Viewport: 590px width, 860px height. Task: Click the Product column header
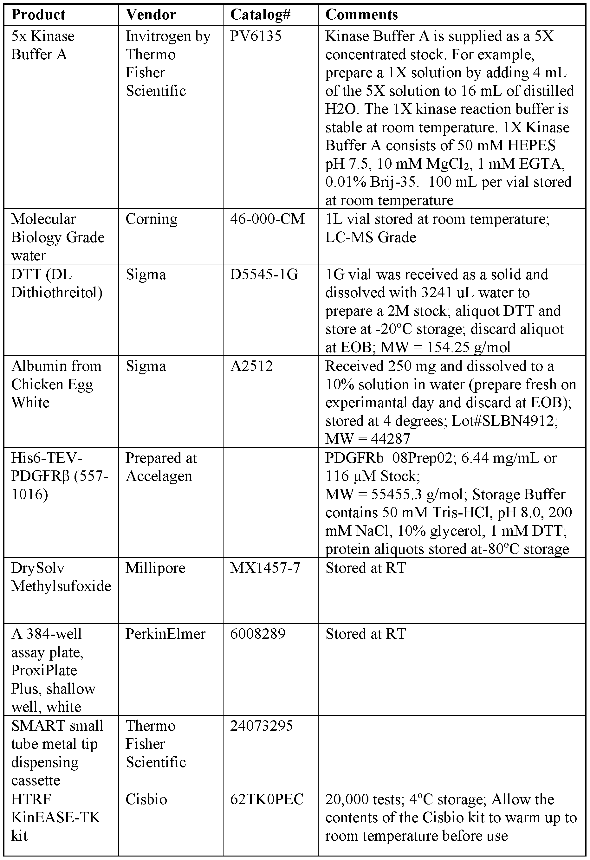point(38,15)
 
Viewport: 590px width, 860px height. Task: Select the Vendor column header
point(151,15)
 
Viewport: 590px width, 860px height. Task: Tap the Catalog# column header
point(260,15)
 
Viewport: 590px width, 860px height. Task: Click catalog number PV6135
point(256,36)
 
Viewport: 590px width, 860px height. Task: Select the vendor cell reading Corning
point(152,219)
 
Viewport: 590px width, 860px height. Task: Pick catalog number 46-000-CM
point(267,219)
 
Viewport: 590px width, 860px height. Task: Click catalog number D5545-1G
point(264,275)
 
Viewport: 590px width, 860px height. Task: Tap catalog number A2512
point(251,366)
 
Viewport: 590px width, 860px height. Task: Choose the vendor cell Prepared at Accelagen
point(161,467)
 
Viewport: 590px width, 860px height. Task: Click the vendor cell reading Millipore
point(155,568)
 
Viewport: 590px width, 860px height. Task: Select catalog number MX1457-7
point(265,568)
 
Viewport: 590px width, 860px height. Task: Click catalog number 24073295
point(261,726)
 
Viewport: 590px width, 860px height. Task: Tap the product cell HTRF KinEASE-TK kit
point(55,817)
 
